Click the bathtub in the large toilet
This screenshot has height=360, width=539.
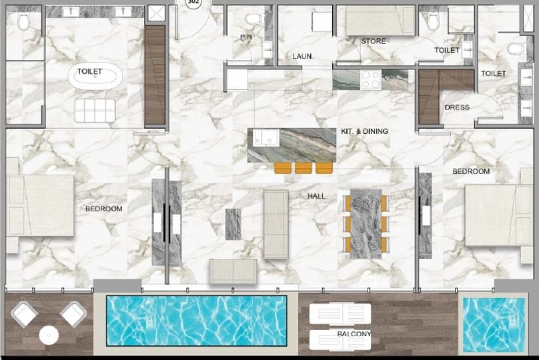point(95,76)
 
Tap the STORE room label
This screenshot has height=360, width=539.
point(374,41)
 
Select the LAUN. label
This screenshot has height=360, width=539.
point(303,56)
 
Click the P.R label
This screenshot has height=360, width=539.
point(246,37)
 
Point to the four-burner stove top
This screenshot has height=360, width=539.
point(371,79)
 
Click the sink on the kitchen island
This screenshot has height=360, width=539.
point(266,137)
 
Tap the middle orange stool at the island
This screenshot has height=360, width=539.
point(303,168)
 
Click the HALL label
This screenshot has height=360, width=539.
point(316,196)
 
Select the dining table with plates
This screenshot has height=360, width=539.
point(366,223)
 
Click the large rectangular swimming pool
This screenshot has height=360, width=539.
point(196,321)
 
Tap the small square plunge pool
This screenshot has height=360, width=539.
point(494,325)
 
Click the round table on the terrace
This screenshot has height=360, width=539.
point(49,335)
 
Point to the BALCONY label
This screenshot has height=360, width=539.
point(354,334)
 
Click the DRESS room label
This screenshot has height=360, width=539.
point(457,107)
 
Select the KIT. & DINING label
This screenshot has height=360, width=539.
point(364,131)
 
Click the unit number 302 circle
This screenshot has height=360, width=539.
point(193,3)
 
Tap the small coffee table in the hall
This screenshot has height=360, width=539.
point(233,224)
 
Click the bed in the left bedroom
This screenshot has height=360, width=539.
point(41,205)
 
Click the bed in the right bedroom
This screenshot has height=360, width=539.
point(498,215)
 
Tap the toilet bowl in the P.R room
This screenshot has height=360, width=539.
point(253,19)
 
